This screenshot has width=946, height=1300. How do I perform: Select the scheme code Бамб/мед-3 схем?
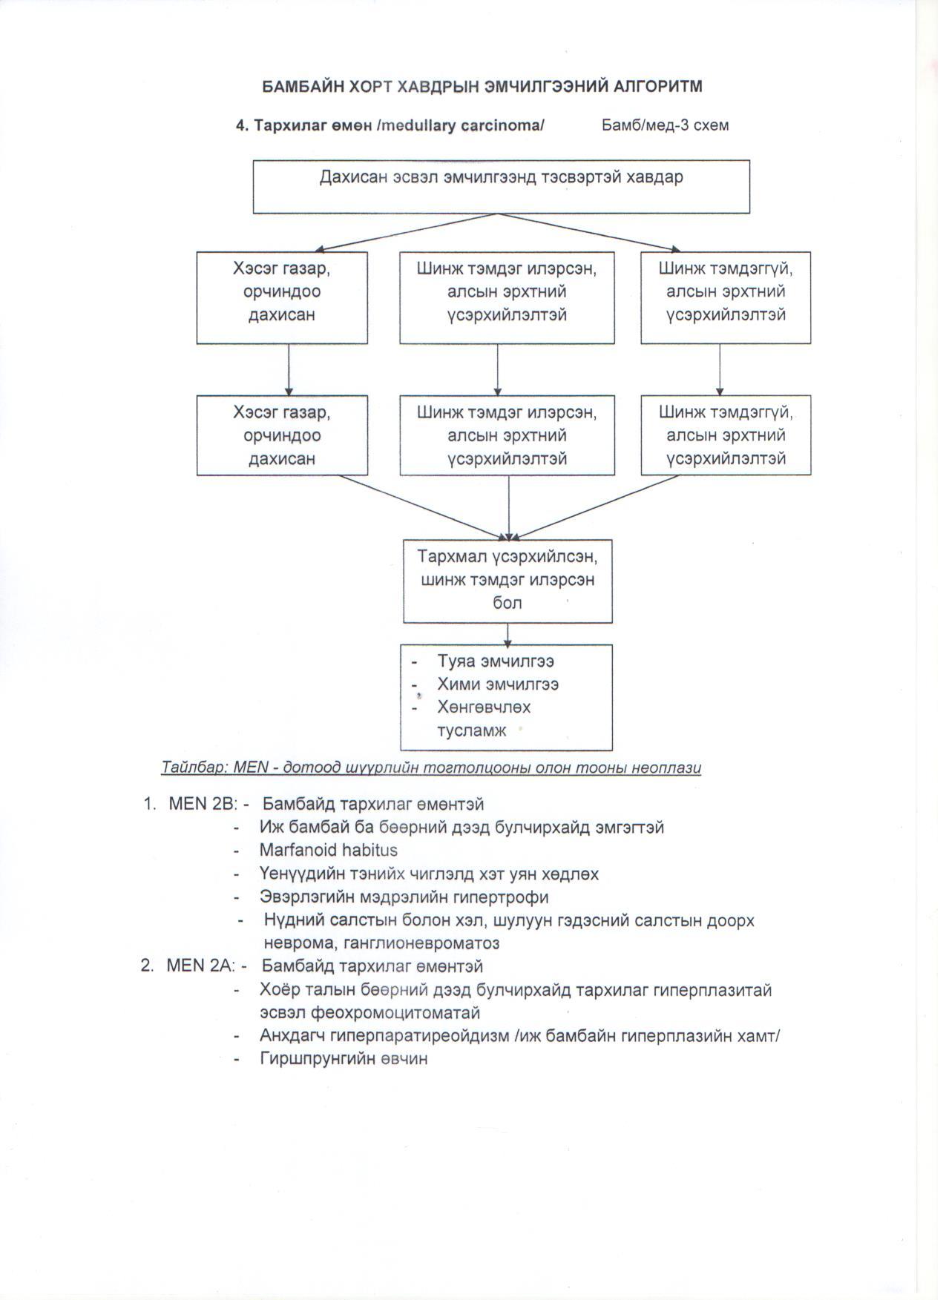[665, 125]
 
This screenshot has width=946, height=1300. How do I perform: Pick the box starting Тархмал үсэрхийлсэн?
[508, 580]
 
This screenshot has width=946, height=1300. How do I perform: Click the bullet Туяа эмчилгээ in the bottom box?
[496, 661]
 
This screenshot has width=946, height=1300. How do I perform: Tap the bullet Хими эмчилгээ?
[498, 684]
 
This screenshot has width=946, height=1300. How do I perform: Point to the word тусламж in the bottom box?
[472, 730]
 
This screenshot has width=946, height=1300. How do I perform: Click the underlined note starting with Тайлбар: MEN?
[430, 768]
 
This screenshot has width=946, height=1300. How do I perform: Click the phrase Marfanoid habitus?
[328, 850]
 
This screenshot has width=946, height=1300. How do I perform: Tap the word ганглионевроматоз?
[381, 943]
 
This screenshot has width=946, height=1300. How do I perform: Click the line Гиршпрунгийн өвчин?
[344, 1059]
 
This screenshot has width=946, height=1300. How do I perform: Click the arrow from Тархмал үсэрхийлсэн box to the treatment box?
[508, 634]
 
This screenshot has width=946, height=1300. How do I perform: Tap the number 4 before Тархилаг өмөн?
[240, 125]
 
